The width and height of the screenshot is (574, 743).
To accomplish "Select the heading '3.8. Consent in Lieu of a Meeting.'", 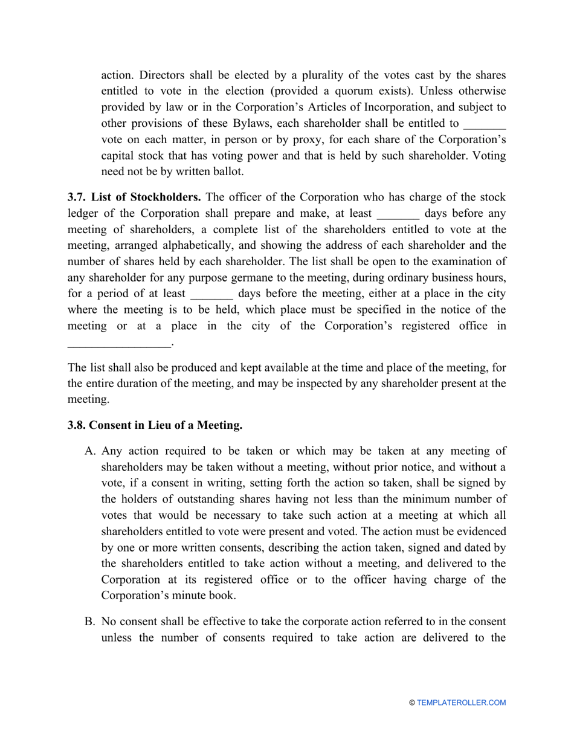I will [x=155, y=425].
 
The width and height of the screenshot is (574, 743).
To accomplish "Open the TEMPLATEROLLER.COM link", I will [x=461, y=703].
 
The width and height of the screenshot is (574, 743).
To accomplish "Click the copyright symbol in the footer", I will [x=412, y=703].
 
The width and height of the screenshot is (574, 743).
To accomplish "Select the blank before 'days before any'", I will [x=398, y=214].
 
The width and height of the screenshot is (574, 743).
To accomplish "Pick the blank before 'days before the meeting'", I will [x=211, y=294].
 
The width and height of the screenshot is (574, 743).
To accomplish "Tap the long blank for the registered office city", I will [x=120, y=344].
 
